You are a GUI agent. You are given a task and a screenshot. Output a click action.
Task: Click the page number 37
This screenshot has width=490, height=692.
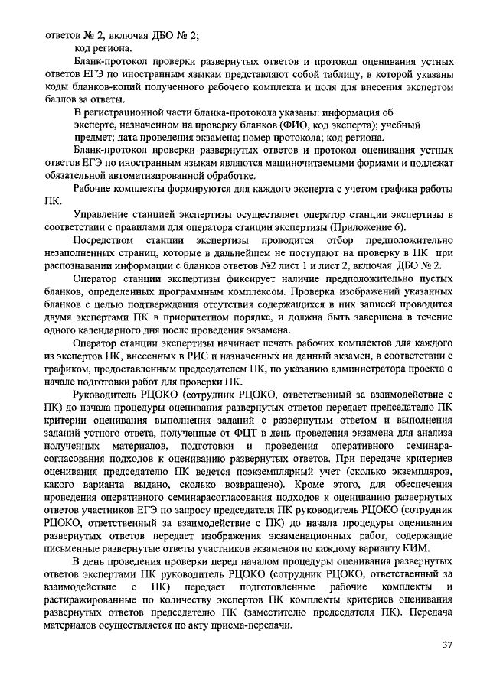tap(449, 645)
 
